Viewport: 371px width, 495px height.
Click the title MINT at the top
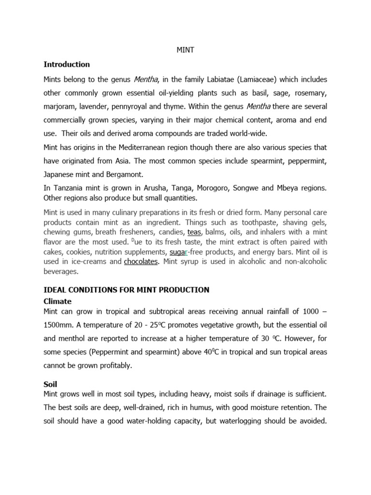(x=185, y=50)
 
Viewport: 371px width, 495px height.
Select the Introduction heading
(x=67, y=64)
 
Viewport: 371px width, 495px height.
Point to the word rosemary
(x=310, y=92)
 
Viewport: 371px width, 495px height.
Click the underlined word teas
(x=194, y=232)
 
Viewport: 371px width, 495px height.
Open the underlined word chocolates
(x=141, y=262)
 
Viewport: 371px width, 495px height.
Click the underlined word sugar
(x=178, y=252)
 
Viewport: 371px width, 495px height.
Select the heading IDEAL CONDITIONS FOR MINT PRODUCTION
(x=127, y=290)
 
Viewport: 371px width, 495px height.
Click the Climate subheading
(x=57, y=301)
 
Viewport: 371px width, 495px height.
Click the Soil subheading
(x=50, y=384)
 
